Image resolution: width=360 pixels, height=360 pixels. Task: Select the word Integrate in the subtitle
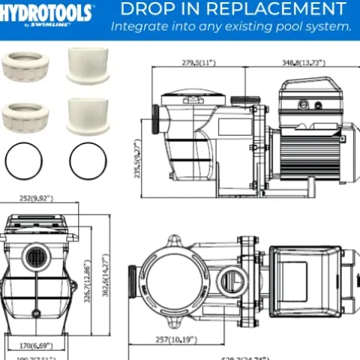coord(139,26)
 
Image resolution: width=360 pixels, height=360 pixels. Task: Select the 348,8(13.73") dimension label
coord(303,63)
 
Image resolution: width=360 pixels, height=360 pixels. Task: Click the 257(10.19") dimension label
coord(177,340)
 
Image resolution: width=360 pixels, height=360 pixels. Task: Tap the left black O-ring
coord(22,160)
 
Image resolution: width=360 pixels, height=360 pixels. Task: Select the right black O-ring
coord(87,160)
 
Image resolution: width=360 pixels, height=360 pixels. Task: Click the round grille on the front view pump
coord(34,258)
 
